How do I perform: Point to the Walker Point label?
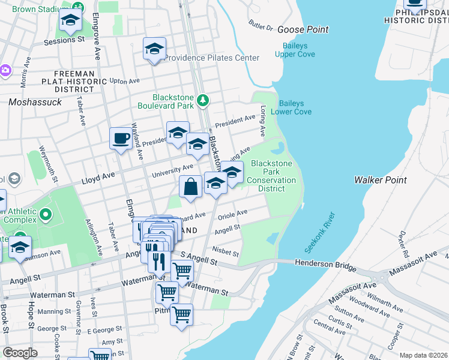coord(380,179)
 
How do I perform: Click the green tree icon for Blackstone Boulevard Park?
coord(203,100)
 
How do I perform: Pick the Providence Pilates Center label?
coord(211,58)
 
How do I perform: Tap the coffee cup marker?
coord(121,139)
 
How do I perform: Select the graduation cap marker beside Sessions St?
coord(71,21)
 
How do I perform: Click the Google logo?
coord(20,353)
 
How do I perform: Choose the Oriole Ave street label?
coord(234,214)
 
